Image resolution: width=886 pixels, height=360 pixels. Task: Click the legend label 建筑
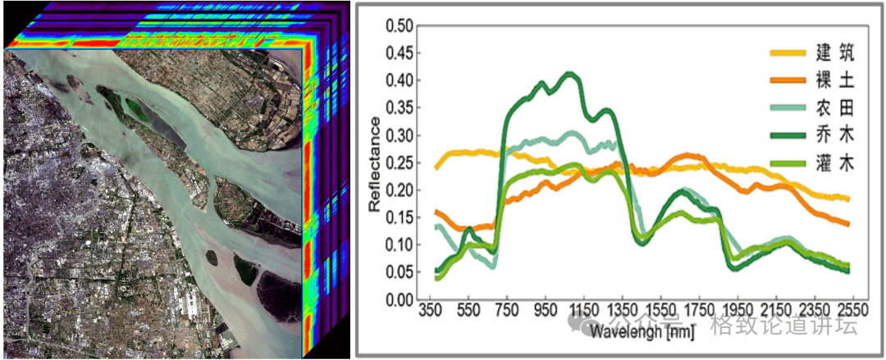click(834, 54)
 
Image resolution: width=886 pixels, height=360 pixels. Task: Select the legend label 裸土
click(834, 81)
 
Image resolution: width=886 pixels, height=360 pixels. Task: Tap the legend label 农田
click(834, 108)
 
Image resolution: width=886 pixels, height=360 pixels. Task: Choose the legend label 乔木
click(834, 135)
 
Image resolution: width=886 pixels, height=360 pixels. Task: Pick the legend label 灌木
click(834, 163)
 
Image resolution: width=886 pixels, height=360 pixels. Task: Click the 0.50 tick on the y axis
click(400, 25)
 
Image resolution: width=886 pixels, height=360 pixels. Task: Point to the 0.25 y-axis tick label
click(400, 162)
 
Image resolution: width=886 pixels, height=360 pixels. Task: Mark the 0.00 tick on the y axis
click(400, 300)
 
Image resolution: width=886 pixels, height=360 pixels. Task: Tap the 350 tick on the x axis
click(432, 312)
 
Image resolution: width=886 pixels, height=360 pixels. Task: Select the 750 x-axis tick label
click(508, 312)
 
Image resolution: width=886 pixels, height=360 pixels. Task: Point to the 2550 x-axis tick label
click(851, 312)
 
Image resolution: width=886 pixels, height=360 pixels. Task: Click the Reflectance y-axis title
click(375, 164)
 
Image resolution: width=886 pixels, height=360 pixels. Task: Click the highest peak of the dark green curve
click(570, 74)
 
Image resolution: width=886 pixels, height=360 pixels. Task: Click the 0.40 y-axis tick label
click(400, 80)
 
